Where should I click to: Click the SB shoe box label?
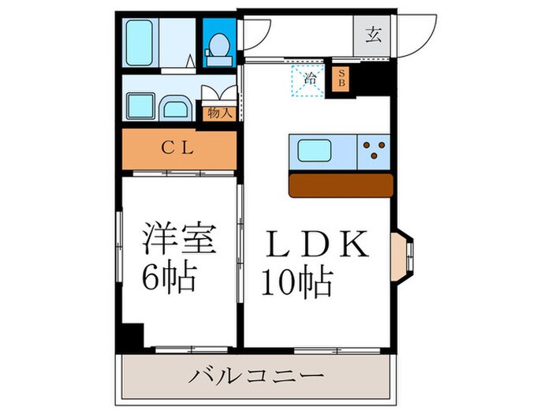341,78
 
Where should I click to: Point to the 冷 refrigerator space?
308,80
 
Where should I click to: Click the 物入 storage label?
219,113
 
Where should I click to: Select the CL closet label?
179,147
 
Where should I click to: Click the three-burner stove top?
375,150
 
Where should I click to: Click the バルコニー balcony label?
255,375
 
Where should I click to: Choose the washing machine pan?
140,104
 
